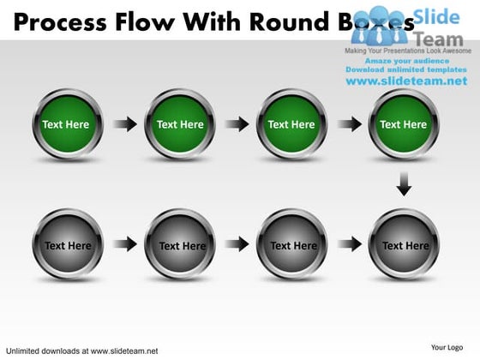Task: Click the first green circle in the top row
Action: [x=67, y=125]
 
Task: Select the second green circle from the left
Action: [x=180, y=125]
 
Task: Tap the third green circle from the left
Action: [x=291, y=125]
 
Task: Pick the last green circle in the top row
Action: [x=404, y=125]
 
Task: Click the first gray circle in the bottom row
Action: [x=67, y=245]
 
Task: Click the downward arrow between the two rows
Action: [x=405, y=184]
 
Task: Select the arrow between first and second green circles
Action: [x=125, y=125]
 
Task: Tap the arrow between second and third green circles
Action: [x=237, y=125]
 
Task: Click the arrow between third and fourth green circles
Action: [x=349, y=125]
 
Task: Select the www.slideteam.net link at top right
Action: [x=406, y=81]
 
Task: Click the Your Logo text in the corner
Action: [x=447, y=347]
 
